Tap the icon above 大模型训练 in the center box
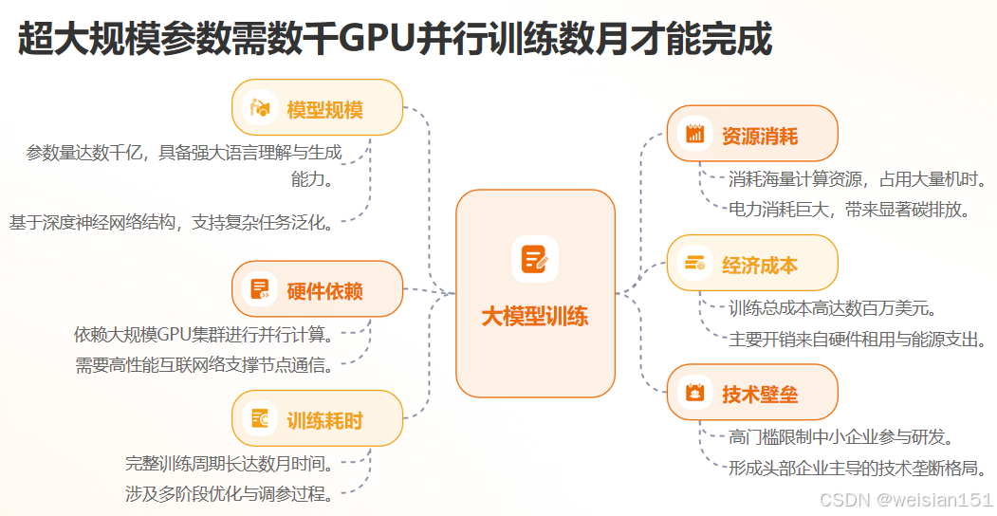[x=535, y=259]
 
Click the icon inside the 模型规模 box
[x=259, y=108]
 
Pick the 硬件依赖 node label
[x=325, y=290]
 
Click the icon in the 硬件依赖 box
[x=259, y=289]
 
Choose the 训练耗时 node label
[x=325, y=420]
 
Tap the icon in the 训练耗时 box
[x=259, y=419]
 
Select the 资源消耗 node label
[x=760, y=136]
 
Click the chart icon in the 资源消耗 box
[x=694, y=135]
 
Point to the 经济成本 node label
[x=760, y=265]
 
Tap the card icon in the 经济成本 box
[x=694, y=264]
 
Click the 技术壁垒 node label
[x=760, y=394]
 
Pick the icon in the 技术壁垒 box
[x=694, y=393]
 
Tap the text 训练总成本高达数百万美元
[x=833, y=308]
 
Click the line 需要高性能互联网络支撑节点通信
[x=203, y=364]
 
